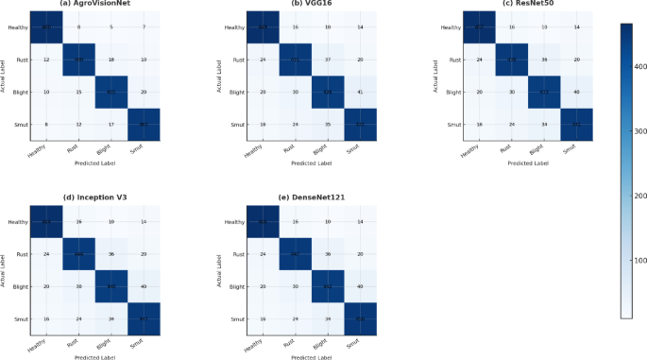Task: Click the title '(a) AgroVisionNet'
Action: [x=94, y=5]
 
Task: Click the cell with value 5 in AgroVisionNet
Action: [x=111, y=27]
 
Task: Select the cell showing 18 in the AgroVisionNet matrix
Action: [x=111, y=60]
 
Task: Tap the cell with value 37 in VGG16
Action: [x=328, y=60]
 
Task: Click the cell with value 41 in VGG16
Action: [x=360, y=92]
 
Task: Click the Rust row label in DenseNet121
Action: [x=237, y=255]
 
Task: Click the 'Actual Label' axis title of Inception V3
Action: [x=5, y=271]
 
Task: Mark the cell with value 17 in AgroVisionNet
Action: [x=111, y=124]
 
